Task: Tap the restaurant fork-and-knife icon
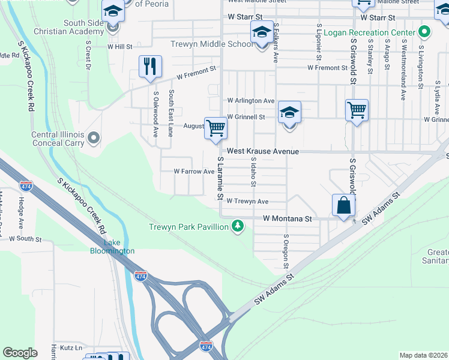pos(150,66)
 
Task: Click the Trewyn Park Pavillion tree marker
pos(238,226)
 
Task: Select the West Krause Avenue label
pos(262,151)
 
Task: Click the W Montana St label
pos(288,219)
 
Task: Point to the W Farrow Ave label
pos(194,172)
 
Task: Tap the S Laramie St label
pos(220,179)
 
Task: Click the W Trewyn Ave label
pos(247,202)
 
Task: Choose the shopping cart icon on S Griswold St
pos(357,110)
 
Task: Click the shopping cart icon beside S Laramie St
pos(215,127)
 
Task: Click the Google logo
pos(20,353)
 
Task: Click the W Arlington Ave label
pos(250,101)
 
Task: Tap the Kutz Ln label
pos(71,347)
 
